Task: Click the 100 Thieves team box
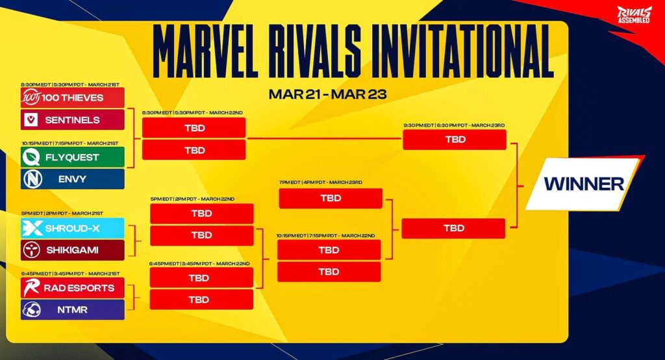[72, 97]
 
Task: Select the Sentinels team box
[72, 120]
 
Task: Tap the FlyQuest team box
[72, 157]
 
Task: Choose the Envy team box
[72, 179]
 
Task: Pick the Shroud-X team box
[72, 227]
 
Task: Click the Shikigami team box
[72, 250]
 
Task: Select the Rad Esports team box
[72, 287]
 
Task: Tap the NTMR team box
[72, 309]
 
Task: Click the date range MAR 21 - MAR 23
[327, 94]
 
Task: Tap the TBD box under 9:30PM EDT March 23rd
[454, 140]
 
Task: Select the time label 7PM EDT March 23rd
[321, 183]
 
